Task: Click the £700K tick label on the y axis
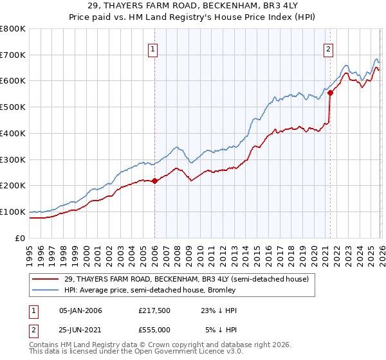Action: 13,55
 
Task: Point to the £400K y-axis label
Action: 13,133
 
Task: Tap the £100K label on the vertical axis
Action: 13,212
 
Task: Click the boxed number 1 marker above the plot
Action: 154,49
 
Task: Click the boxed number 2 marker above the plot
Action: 329,49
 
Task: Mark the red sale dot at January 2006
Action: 154,181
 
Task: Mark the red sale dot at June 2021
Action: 330,93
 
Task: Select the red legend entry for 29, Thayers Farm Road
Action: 187,279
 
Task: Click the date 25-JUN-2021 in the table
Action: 80,330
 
